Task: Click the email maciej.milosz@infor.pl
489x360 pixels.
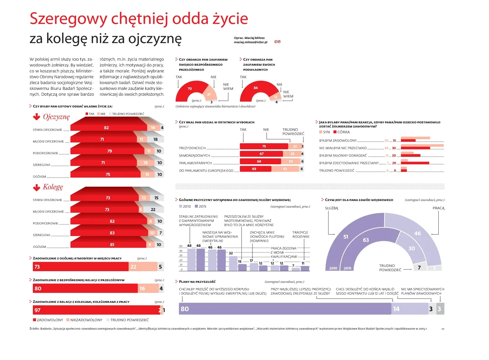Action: click(250, 42)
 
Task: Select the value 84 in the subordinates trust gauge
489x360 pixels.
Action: click(256, 88)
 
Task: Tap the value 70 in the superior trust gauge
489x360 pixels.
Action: click(190, 89)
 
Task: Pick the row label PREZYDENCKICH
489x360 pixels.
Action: click(192, 148)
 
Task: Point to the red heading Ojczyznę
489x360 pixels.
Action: click(56, 117)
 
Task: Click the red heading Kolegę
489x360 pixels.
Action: click(53, 187)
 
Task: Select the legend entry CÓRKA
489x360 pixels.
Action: click(343, 132)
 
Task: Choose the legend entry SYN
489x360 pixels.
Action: click(326, 132)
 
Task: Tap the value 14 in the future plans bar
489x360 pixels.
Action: click(396, 309)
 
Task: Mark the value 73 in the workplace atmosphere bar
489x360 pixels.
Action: click(37, 267)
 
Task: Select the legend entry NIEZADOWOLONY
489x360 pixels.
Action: click(86, 320)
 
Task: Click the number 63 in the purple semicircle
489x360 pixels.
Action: click(366, 240)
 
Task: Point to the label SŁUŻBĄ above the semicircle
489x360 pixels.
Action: click(331, 208)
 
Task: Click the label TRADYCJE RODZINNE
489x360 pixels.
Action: click(301, 235)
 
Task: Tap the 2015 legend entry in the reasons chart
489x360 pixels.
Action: click(202, 207)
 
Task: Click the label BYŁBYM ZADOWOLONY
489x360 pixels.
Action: click(338, 141)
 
